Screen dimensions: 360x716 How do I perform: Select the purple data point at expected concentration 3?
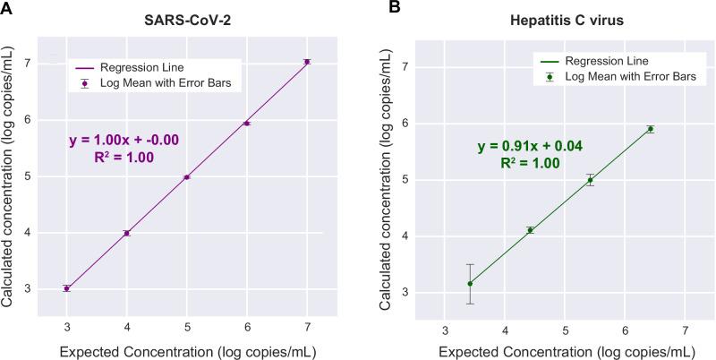[67, 288]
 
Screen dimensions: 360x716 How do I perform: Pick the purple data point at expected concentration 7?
[307, 62]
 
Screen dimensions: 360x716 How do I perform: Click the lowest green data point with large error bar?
[470, 284]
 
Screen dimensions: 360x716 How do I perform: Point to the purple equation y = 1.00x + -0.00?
[125, 140]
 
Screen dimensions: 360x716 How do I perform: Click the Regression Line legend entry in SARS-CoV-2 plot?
[159, 68]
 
